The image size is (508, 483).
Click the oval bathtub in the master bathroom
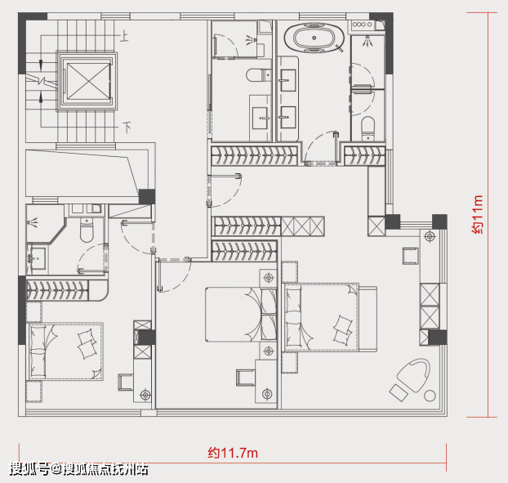click(314, 38)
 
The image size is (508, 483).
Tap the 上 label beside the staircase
click(124, 36)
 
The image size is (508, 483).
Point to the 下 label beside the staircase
click(127, 127)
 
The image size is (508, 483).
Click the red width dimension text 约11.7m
click(233, 453)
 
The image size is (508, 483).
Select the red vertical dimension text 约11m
click(478, 215)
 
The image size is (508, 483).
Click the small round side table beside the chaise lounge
click(430, 396)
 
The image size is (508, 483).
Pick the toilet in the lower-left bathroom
click(87, 230)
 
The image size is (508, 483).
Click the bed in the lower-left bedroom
click(65, 351)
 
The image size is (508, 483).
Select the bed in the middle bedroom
click(241, 315)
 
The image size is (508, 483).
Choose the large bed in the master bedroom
click(331, 318)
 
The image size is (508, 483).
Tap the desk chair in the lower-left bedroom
click(126, 382)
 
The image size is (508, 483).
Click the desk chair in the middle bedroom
click(246, 378)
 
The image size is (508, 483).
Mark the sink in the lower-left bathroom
click(37, 258)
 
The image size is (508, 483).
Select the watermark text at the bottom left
click(78, 469)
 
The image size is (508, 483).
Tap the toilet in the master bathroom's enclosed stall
click(368, 128)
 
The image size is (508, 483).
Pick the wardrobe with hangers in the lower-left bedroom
click(57, 290)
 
